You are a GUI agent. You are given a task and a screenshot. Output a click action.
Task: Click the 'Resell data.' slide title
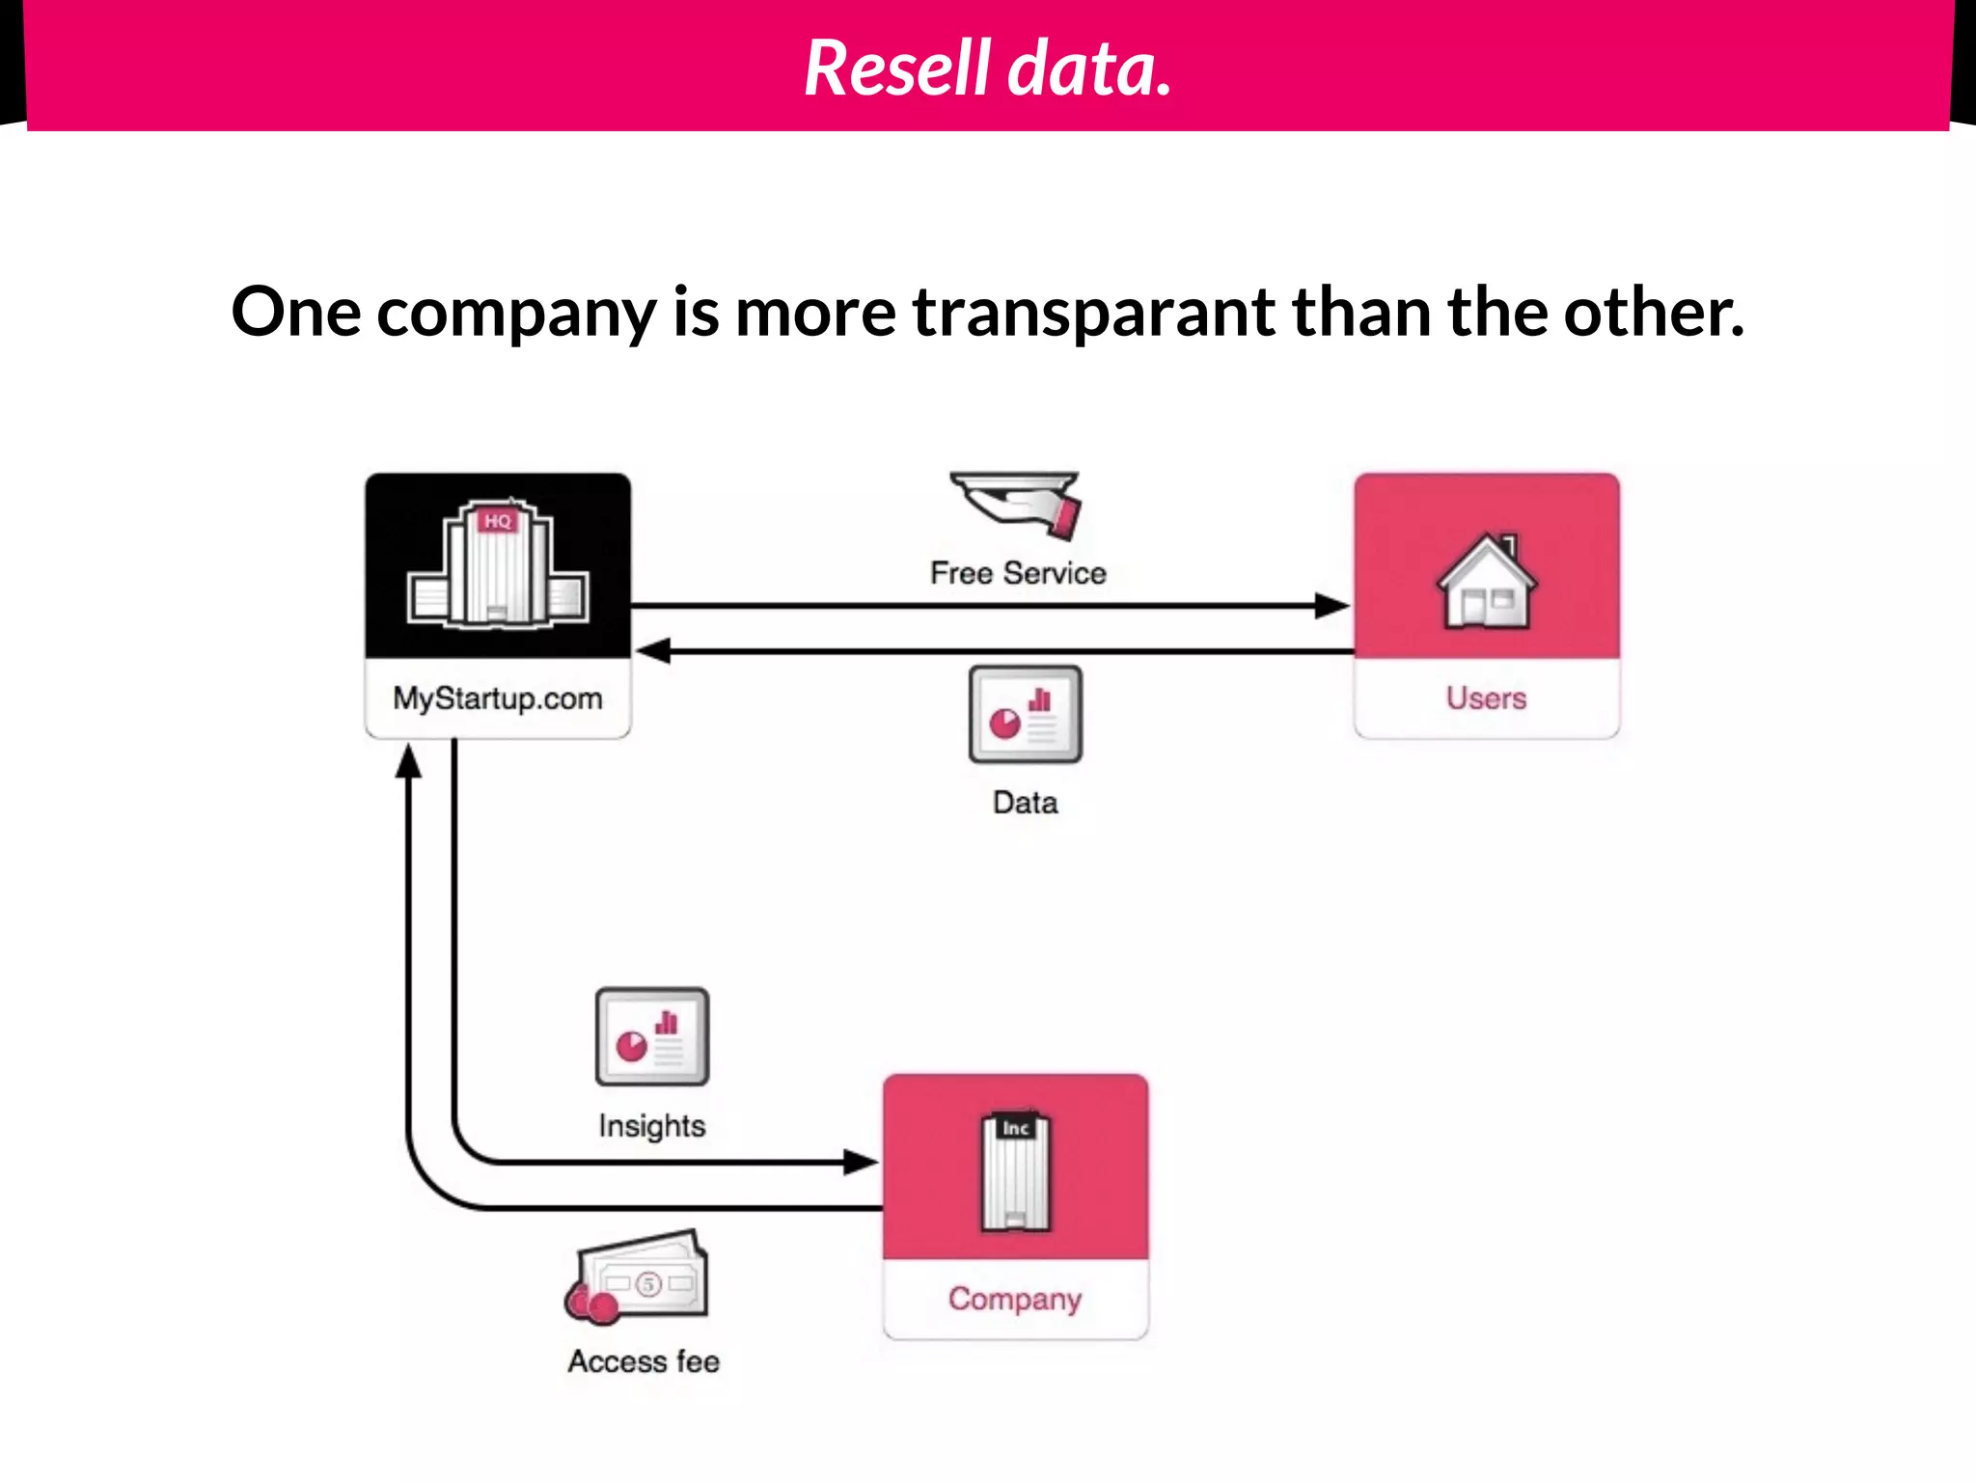pos(988,68)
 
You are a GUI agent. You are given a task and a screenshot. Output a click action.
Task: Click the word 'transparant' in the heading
pos(1093,313)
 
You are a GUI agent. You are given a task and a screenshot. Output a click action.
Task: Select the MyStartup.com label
pos(498,699)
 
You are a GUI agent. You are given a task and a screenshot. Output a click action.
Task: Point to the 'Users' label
pos(1486,699)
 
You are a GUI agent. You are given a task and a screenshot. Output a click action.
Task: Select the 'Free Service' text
pos(1018,573)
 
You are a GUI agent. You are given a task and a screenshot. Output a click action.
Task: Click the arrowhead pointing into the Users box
pos(1332,606)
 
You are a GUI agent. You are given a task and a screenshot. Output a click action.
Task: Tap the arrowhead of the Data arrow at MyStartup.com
pos(652,651)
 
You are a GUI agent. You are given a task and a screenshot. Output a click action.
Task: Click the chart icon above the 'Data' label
pos(1025,715)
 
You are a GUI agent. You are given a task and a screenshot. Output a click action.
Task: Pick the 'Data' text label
pos(1025,803)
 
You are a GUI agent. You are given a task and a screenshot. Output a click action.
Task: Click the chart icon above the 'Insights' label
pos(652,1036)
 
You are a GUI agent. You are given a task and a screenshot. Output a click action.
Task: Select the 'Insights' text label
pos(652,1126)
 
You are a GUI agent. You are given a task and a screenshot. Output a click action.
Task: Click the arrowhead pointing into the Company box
pos(861,1162)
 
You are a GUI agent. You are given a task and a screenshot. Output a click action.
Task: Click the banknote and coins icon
pos(639,1276)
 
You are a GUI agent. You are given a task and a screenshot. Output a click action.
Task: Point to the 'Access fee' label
pos(644,1361)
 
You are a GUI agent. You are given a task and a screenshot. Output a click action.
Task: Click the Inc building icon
pos(1015,1171)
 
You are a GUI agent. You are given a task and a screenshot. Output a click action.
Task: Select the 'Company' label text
pos(1015,1300)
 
